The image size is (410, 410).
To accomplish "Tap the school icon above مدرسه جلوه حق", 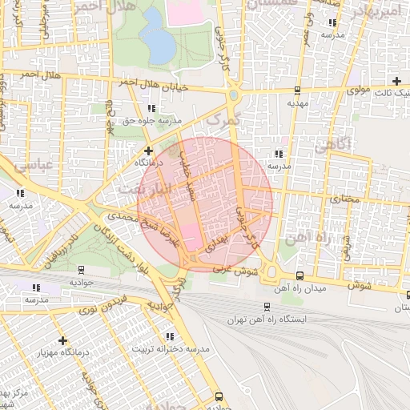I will click(x=151, y=108).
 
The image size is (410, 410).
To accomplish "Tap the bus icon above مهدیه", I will click(x=297, y=90).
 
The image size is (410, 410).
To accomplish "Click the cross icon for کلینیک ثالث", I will click(x=396, y=81).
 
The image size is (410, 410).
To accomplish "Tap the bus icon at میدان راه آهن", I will click(x=299, y=275).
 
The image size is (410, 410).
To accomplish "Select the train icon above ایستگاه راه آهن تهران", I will click(x=267, y=306).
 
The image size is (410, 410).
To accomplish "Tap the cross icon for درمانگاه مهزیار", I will click(x=63, y=340).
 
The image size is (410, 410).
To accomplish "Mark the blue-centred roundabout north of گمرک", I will click(x=233, y=96).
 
